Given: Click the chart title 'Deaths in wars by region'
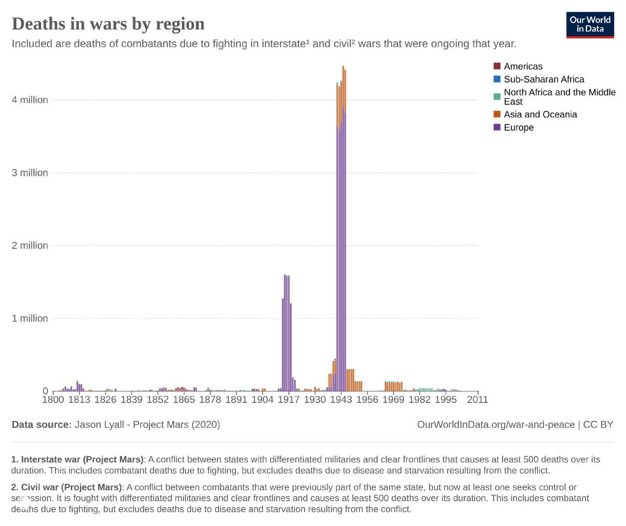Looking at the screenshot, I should coord(108,23).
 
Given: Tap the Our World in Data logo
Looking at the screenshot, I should coord(590,24).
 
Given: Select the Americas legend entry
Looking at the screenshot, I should coord(522,66).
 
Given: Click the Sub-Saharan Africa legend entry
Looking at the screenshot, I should coord(543,79).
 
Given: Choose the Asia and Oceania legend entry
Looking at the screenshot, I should coord(540,114).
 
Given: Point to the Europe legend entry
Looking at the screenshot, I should coord(518,128).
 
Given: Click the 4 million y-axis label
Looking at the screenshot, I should coord(30,100).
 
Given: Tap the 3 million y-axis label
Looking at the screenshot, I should coord(30,173).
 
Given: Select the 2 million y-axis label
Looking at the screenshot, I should coord(30,245).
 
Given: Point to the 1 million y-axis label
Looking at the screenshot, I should coord(30,318).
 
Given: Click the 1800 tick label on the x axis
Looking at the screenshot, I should coord(53,400).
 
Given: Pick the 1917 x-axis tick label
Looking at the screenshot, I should coord(289,400).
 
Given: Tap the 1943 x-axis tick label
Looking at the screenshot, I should coord(341,400).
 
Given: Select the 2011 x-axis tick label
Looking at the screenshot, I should coord(477,400).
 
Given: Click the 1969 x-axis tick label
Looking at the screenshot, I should coord(393,400).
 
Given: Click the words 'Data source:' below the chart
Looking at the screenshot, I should coord(42,425).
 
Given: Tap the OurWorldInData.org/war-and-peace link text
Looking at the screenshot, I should coord(495,425).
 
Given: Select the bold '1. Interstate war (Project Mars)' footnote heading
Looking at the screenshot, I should coord(77,460).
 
